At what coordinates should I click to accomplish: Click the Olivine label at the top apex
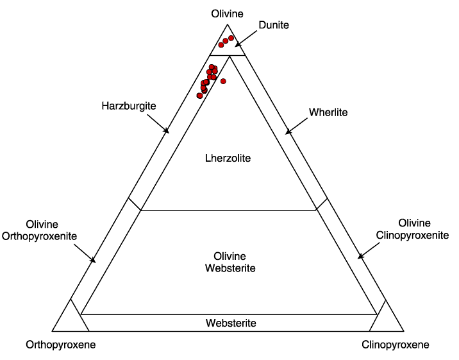pyautogui.click(x=227, y=13)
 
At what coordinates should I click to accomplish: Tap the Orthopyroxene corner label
pyautogui.click(x=61, y=345)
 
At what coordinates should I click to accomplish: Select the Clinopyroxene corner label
pyautogui.click(x=396, y=345)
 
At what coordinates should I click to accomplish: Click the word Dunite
pyautogui.click(x=274, y=25)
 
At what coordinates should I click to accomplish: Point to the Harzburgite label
pyautogui.click(x=129, y=106)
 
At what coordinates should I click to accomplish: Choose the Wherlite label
pyautogui.click(x=328, y=112)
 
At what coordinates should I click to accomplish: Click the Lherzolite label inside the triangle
pyautogui.click(x=228, y=158)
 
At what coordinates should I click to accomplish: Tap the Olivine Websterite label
pyautogui.click(x=230, y=262)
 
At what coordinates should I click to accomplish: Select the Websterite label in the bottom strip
pyautogui.click(x=231, y=323)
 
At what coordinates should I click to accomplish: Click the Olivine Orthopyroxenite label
pyautogui.click(x=40, y=230)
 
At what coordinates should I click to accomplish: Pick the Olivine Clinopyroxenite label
pyautogui.click(x=412, y=229)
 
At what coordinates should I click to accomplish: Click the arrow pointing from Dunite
pyautogui.click(x=246, y=38)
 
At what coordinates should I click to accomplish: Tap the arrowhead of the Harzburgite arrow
pyautogui.click(x=167, y=131)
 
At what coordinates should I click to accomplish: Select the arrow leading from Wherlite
pyautogui.click(x=297, y=126)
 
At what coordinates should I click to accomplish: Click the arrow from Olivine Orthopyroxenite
pyautogui.click(x=85, y=253)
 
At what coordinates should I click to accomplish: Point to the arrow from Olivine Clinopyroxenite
pyautogui.click(x=369, y=250)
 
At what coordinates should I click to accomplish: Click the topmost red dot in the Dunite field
pyautogui.click(x=231, y=38)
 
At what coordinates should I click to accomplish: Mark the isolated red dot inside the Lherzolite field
pyautogui.click(x=223, y=81)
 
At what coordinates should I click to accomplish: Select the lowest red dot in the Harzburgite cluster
pyautogui.click(x=200, y=96)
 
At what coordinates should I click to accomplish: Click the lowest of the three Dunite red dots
pyautogui.click(x=221, y=45)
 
